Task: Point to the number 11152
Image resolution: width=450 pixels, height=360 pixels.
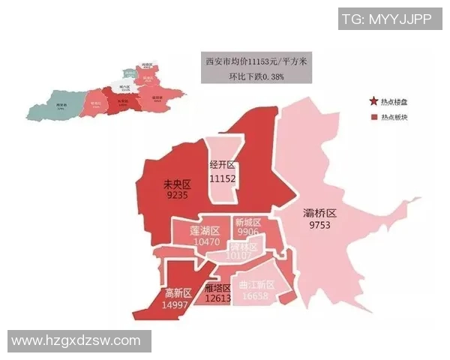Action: click(x=223, y=178)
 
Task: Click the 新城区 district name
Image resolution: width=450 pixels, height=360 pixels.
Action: click(x=247, y=223)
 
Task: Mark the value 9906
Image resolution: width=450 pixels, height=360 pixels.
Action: click(x=247, y=232)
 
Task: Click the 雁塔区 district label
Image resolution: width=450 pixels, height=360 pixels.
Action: click(x=217, y=289)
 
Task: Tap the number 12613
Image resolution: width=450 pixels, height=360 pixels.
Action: click(x=217, y=299)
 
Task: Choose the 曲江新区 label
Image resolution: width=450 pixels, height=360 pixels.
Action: click(x=257, y=286)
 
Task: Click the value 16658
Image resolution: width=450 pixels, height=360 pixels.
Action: click(x=257, y=297)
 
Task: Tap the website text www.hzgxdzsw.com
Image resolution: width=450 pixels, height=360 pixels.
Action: click(x=76, y=341)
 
